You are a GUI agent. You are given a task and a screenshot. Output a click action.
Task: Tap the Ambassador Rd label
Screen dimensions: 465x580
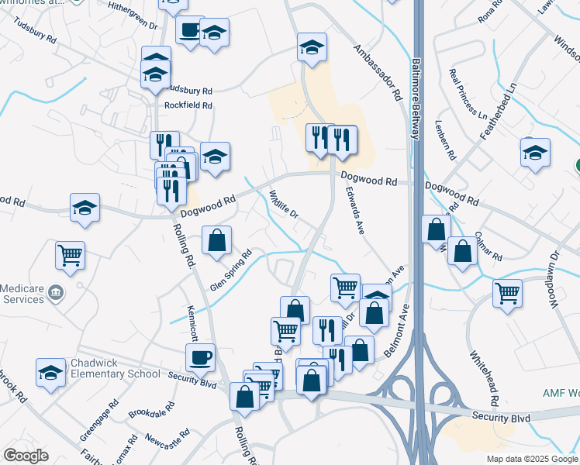pyautogui.click(x=378, y=73)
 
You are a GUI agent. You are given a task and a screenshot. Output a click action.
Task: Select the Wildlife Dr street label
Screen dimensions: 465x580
pyautogui.click(x=284, y=204)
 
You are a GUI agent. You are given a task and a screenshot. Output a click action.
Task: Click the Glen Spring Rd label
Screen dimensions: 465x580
pyautogui.click(x=231, y=271)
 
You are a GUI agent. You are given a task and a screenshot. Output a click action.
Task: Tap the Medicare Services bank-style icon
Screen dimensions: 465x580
pyautogui.click(x=55, y=292)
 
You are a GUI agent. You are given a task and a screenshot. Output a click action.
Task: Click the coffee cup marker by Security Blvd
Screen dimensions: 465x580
pyautogui.click(x=201, y=357)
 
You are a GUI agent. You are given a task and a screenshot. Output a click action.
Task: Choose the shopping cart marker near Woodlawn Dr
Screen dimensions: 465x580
pyautogui.click(x=507, y=293)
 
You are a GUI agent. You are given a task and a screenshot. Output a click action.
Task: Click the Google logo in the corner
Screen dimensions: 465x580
pyautogui.click(x=26, y=455)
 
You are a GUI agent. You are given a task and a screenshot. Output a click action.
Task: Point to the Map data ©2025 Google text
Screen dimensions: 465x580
pyautogui.click(x=532, y=459)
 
